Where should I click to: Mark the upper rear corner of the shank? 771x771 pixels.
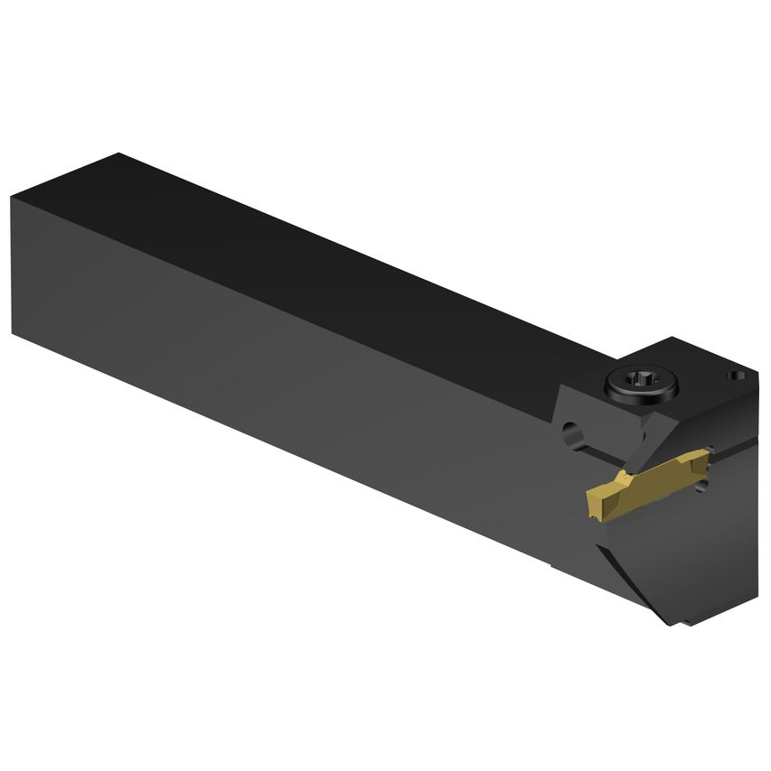[14, 194]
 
